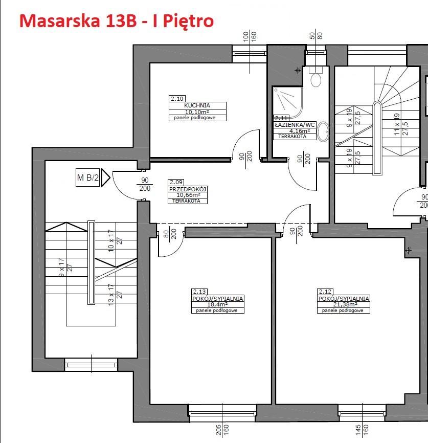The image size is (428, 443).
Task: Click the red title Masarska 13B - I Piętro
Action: pos(116,21)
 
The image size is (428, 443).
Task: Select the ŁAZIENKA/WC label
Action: pos(295,124)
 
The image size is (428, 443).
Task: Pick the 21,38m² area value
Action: pos(343,304)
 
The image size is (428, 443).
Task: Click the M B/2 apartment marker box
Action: pos(88,178)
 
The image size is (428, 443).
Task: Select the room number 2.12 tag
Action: pos(324,291)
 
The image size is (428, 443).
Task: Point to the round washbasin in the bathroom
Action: pos(323,133)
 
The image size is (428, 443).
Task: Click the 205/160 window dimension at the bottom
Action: pos(222,430)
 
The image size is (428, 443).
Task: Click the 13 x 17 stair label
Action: pos(115,295)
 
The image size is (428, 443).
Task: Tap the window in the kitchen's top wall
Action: pos(250,51)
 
